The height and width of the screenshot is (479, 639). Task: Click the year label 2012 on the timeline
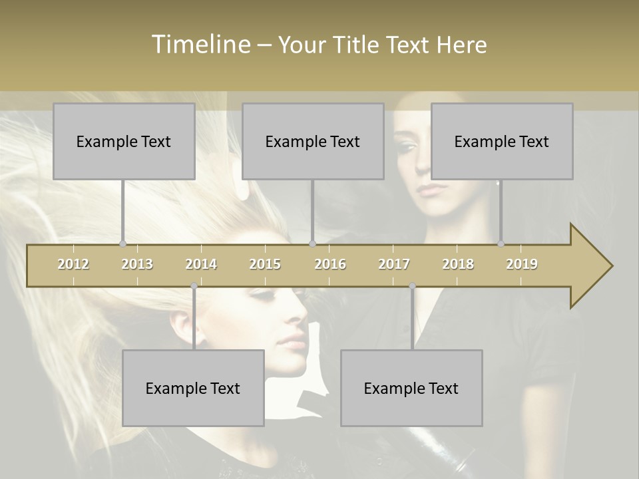pos(73,264)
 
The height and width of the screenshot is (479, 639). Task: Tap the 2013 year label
pos(137,264)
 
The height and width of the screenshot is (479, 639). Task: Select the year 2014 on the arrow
pos(201,264)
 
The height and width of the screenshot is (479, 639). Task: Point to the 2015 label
pos(265,264)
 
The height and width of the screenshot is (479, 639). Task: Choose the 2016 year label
pos(330,264)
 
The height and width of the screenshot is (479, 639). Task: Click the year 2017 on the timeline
pos(394,264)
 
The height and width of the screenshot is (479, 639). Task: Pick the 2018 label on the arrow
pos(458,264)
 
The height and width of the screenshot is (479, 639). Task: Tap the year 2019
pos(522,264)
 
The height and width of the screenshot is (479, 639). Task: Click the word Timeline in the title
pos(200,45)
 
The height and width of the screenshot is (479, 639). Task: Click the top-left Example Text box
pos(124,141)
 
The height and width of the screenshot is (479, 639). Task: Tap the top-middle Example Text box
pos(313,141)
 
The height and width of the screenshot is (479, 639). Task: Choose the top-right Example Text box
pos(502,141)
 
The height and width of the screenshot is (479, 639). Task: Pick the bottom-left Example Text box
pos(193,388)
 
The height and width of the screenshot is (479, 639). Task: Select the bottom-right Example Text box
pos(411,388)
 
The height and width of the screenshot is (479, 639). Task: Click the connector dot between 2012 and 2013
pos(122,244)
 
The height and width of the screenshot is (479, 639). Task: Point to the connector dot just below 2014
pos(194,286)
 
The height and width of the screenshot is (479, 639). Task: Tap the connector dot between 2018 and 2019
pos(501,244)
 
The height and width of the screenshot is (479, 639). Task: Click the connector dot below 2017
pos(412,286)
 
